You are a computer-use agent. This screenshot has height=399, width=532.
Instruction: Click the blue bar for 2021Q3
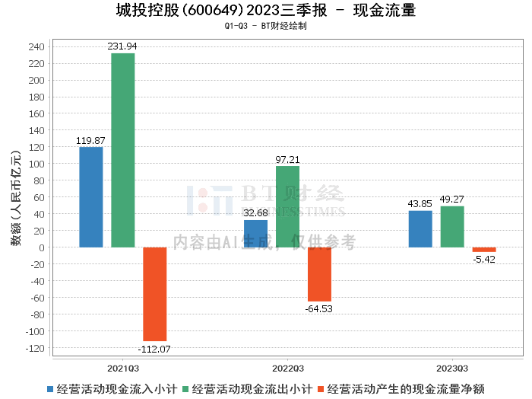[91, 197]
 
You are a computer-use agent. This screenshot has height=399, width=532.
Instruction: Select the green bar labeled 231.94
[123, 150]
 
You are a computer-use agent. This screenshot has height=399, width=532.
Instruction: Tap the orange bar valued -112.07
[155, 294]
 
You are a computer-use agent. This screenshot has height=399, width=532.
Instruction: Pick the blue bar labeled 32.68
[255, 234]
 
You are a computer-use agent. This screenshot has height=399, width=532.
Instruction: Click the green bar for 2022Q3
[287, 206]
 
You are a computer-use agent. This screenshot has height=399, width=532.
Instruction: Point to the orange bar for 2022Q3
[319, 274]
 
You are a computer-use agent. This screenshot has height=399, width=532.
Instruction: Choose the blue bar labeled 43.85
[420, 229]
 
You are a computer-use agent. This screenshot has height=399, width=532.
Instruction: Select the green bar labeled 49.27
[452, 227]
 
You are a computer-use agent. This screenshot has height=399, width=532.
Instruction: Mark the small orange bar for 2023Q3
[484, 250]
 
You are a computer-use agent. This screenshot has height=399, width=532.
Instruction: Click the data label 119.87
[91, 141]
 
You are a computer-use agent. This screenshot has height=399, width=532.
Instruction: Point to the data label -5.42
[483, 260]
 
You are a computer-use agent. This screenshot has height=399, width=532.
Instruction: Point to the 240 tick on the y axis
[36, 46]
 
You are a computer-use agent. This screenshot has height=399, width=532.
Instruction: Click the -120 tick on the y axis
[35, 348]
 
